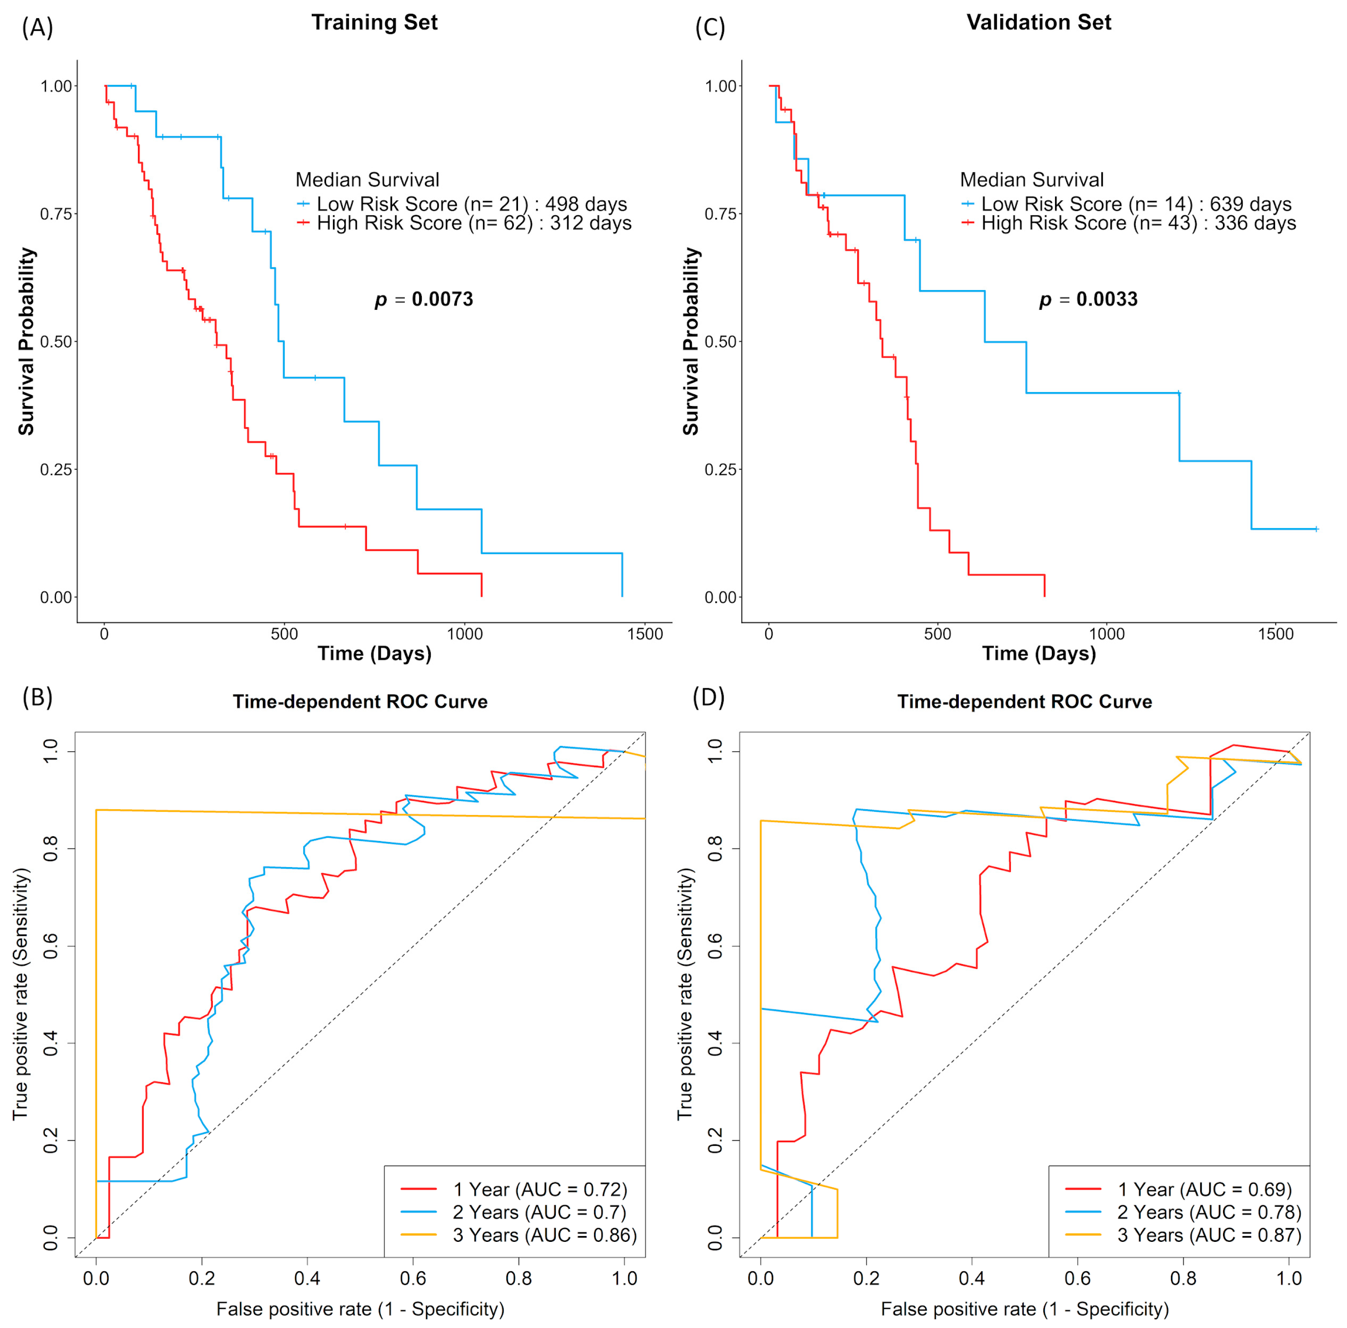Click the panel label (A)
[37, 28]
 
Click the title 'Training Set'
[374, 22]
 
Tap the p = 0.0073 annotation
[424, 300]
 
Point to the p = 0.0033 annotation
[1088, 300]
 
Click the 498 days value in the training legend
[586, 204]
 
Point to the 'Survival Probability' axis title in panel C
[690, 341]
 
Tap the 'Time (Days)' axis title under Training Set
[374, 653]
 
